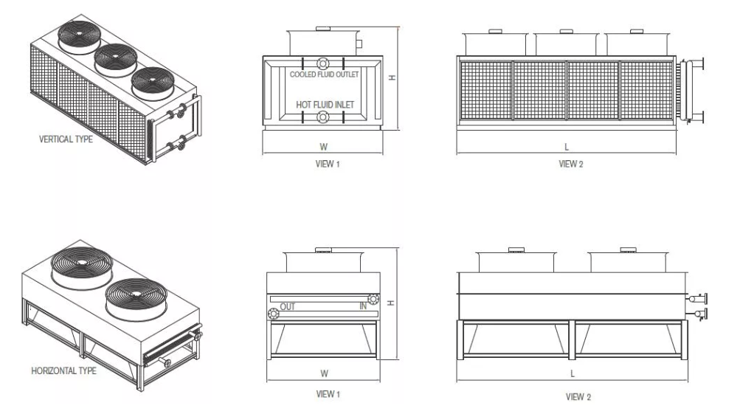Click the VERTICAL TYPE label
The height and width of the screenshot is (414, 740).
point(66,139)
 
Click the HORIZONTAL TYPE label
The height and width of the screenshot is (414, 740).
point(63,371)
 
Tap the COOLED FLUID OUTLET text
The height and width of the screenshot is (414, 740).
point(324,75)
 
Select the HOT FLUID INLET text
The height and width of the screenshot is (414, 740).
point(325,105)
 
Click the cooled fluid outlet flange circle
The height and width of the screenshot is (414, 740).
point(323,63)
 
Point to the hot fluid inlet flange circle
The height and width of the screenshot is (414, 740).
point(323,117)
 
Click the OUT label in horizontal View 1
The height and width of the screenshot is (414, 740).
point(288,307)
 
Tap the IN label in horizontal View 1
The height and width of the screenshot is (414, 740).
point(364,306)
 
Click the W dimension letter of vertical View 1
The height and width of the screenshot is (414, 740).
point(324,147)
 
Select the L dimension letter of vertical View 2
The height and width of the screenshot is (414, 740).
point(567,147)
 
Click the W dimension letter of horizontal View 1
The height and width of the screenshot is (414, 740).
point(324,373)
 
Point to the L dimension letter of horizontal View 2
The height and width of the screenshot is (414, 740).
point(573,374)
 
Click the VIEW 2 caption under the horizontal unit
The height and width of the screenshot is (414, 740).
point(578,397)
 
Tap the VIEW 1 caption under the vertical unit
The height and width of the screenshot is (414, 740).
point(328,165)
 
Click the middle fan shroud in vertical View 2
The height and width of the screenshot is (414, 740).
point(567,43)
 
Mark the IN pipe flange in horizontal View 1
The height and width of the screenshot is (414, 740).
point(373,299)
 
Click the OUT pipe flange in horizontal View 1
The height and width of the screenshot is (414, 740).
point(273,314)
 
